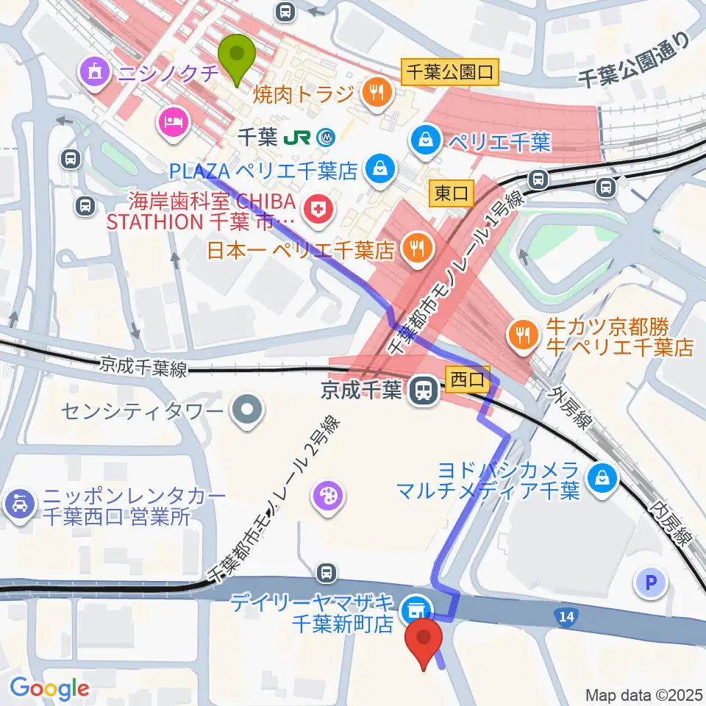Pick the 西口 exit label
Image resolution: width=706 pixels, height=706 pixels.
[467, 379]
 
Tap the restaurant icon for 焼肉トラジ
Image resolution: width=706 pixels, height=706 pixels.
[377, 93]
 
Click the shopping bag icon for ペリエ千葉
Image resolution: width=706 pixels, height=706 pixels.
[426, 138]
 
